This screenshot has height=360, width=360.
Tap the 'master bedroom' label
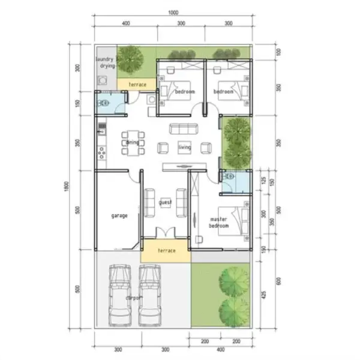pyautogui.click(x=218, y=223)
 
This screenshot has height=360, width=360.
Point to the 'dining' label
pyautogui.click(x=133, y=143)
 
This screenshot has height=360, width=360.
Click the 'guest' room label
pyautogui.click(x=165, y=202)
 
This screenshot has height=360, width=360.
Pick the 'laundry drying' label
pyautogui.click(x=106, y=62)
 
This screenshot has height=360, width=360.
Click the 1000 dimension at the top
pyautogui.click(x=173, y=13)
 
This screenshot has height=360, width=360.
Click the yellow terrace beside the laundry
pyautogui.click(x=137, y=85)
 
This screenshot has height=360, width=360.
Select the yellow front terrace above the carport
pyautogui.click(x=166, y=250)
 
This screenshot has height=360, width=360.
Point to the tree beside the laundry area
pyautogui.click(x=130, y=59)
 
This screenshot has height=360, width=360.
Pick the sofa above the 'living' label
pyautogui.click(x=183, y=128)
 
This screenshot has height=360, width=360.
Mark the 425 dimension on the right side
pyautogui.click(x=265, y=294)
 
